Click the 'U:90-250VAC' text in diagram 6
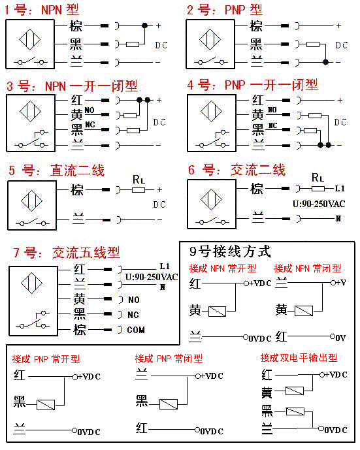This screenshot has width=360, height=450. (x=318, y=204)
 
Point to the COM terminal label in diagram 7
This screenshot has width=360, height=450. (x=136, y=330)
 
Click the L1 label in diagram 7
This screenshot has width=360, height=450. (x=164, y=266)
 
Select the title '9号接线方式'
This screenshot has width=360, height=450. (x=230, y=251)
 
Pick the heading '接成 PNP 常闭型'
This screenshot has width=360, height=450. (x=169, y=359)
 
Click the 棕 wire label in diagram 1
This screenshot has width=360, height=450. (x=74, y=27)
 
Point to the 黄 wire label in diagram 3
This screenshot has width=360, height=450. (x=77, y=114)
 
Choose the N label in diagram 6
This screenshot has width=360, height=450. (x=338, y=218)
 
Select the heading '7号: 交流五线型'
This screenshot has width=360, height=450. (x=86, y=253)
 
